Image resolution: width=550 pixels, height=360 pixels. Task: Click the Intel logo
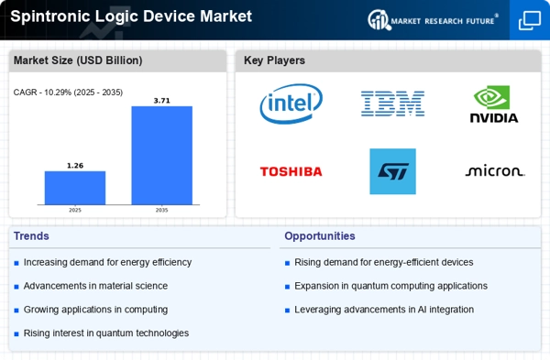291,104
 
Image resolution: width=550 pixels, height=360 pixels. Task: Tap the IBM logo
392,104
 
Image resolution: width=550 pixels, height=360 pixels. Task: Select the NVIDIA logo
494,104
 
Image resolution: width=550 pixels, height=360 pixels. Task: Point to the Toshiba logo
291,171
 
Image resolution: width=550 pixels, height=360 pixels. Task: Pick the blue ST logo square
392,171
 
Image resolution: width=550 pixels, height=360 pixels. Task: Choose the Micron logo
495,170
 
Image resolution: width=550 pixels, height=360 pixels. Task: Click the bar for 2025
75,188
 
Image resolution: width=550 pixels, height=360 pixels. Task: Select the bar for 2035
161,156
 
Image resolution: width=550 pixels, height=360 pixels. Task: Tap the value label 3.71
161,101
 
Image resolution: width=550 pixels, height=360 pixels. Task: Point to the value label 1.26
75,166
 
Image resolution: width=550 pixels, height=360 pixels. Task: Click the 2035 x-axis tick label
161,210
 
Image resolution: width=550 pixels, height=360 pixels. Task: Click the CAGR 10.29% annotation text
68,93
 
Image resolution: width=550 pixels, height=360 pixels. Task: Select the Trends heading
31,236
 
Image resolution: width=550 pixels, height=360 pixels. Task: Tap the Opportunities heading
320,236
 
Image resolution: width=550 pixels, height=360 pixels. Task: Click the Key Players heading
274,60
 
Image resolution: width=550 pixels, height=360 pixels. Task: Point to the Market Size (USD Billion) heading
78,60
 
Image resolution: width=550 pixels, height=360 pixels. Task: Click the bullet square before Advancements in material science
16,287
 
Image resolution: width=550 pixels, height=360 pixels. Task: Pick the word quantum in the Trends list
115,333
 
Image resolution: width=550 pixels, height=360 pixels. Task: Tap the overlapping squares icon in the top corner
530,20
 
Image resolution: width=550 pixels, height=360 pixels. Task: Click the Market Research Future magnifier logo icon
379,20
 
